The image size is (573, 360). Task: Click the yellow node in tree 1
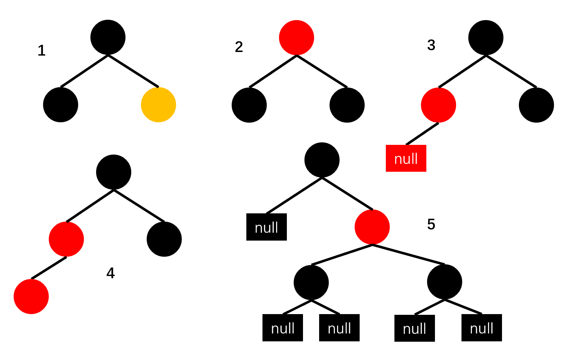158,105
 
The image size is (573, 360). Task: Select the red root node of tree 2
297,38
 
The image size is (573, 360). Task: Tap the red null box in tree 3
406,158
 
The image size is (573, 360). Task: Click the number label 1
42,51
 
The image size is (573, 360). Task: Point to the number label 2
239,47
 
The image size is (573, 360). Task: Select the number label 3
431,45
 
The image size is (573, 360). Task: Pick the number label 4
110,273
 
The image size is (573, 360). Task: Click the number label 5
431,224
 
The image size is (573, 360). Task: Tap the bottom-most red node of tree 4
31,297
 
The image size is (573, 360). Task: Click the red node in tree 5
372,227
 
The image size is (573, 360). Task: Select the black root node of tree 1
108,37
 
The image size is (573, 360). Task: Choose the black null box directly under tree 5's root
266,227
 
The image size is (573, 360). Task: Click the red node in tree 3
439,105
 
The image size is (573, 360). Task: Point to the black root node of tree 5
322,160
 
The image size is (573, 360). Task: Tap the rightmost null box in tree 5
482,328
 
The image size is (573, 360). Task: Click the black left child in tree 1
61,105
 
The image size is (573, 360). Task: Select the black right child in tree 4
164,239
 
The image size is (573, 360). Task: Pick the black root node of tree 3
486,38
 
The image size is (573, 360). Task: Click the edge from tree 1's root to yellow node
133,71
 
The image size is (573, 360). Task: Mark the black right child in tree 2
347,105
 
